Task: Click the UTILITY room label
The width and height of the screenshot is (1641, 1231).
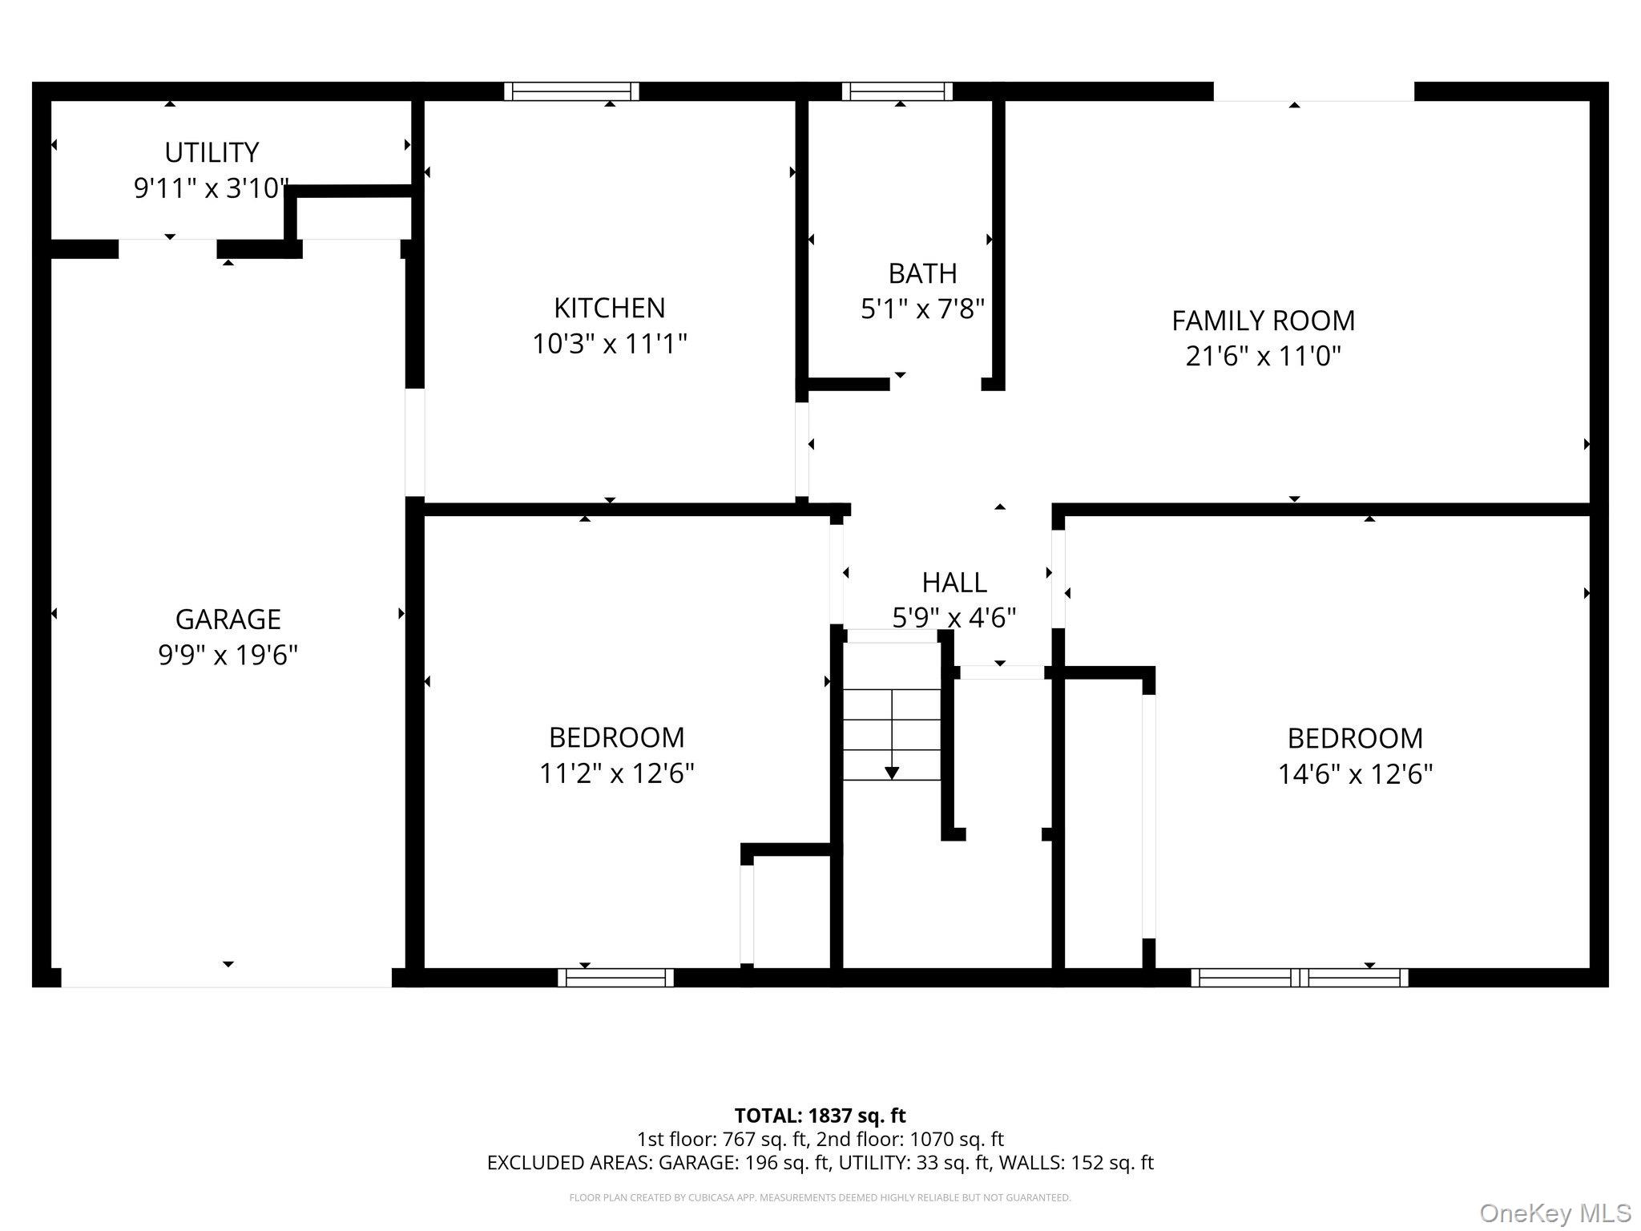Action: [x=212, y=152]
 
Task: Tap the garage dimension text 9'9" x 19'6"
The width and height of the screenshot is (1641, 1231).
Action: [x=228, y=655]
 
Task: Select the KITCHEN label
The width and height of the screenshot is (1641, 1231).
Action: [x=609, y=308]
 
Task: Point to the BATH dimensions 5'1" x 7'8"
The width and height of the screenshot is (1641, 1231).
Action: [x=922, y=309]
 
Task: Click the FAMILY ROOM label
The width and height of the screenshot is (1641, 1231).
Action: [x=1263, y=321]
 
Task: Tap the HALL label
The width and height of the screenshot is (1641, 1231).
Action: [x=954, y=583]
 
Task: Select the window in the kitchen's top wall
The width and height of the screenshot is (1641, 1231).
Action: [x=571, y=91]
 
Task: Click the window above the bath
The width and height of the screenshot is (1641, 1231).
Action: [x=897, y=91]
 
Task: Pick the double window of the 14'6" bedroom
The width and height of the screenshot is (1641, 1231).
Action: [x=1299, y=977]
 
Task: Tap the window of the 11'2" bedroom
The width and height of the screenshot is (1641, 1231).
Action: [x=615, y=977]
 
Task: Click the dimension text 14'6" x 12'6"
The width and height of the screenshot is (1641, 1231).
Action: [x=1355, y=774]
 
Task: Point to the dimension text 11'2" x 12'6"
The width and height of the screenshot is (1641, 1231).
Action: [x=616, y=773]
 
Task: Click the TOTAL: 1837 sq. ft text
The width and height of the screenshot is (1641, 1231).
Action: [x=820, y=1116]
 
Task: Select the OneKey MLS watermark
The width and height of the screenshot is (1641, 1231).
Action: [x=1554, y=1213]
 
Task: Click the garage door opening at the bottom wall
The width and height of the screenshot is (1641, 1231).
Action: [x=226, y=978]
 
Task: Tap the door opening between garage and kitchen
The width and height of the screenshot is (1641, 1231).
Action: [x=414, y=442]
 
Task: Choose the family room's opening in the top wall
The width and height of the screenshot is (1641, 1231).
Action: [x=1314, y=91]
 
